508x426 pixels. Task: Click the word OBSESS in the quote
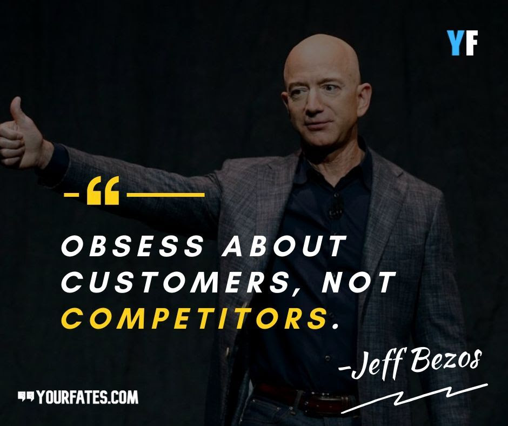tap(132, 245)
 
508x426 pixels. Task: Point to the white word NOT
tap(359, 282)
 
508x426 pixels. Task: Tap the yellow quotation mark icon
tap(103, 191)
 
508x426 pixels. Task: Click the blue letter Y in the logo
tap(454, 43)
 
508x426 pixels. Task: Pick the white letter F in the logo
tap(470, 43)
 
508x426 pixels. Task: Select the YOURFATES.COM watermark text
tap(88, 397)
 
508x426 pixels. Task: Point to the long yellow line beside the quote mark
tap(165, 195)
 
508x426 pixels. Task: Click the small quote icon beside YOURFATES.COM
tap(26, 397)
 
